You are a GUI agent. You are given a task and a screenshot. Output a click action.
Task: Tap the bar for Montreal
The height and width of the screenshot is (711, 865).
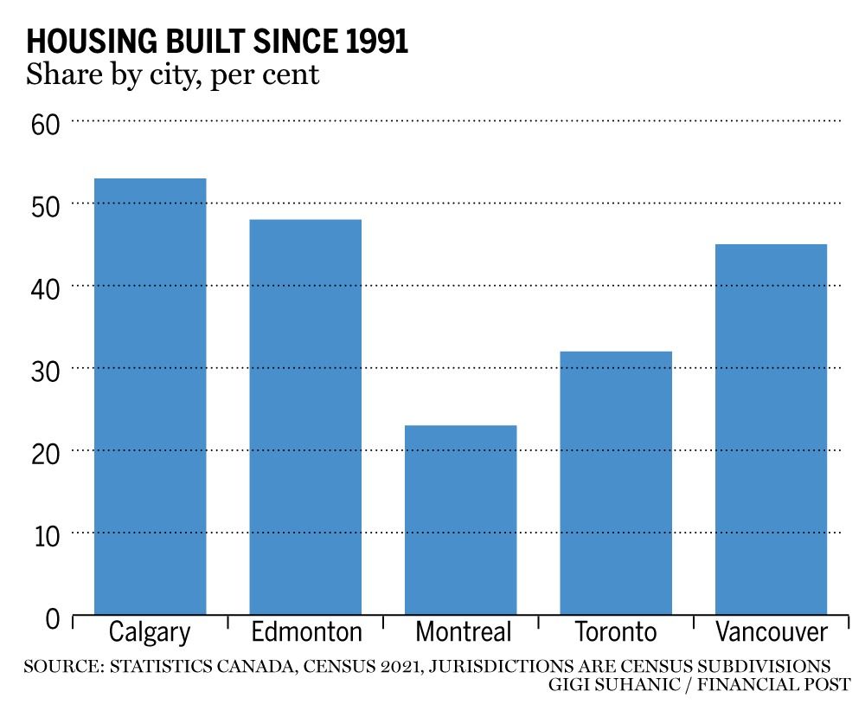point(461,520)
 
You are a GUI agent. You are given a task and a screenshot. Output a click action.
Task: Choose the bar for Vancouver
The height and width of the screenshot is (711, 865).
point(772,430)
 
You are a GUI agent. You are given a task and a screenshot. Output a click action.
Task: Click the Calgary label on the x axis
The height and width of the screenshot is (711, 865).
point(150,631)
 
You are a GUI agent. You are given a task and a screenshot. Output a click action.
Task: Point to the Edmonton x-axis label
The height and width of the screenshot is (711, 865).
point(306,631)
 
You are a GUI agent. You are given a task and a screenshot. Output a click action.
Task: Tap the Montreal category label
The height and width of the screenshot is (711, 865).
point(464,631)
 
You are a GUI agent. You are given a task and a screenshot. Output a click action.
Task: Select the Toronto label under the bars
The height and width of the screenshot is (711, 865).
point(617,631)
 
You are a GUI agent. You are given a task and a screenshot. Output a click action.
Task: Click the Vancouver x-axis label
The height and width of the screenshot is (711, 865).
point(772,631)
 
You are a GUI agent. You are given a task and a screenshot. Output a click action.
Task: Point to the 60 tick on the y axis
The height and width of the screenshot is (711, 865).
point(45,123)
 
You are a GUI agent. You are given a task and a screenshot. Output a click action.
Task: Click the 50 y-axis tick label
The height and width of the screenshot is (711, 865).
point(45,205)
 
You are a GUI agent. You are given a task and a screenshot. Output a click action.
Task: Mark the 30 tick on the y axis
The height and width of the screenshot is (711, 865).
point(45,370)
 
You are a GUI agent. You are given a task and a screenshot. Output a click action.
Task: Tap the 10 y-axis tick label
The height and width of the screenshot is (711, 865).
point(45,535)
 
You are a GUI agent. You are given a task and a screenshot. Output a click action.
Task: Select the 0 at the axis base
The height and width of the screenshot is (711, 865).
point(53,618)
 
